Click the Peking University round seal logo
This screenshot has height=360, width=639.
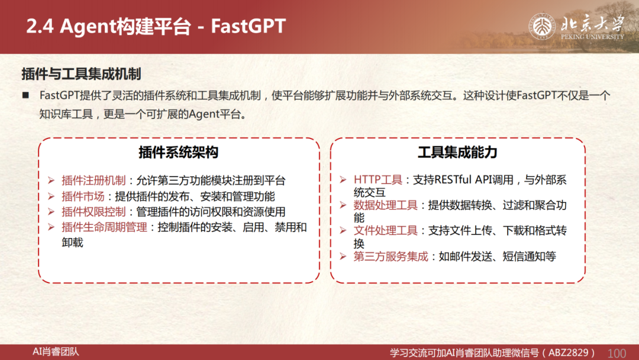(542, 27)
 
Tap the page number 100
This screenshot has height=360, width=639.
(617, 353)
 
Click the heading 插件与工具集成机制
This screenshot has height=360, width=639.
(81, 74)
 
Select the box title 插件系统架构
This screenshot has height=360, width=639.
(179, 153)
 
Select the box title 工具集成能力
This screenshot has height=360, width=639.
(457, 153)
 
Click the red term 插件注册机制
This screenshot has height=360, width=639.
(93, 180)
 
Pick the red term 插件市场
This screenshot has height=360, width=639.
(83, 196)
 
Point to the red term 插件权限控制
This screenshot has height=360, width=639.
(93, 211)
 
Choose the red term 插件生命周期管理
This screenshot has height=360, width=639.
(104, 227)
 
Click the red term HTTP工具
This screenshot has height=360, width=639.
(377, 180)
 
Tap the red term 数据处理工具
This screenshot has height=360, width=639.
(386, 205)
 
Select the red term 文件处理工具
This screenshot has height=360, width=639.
(386, 231)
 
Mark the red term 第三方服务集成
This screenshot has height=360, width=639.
(391, 256)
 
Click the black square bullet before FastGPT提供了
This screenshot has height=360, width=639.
(25, 95)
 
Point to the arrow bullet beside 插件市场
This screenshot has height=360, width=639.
(51, 196)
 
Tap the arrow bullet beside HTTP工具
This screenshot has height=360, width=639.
(343, 179)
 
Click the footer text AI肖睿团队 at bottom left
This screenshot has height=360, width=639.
(56, 352)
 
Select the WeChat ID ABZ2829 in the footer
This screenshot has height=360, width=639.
(569, 353)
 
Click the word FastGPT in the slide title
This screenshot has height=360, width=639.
(248, 26)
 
